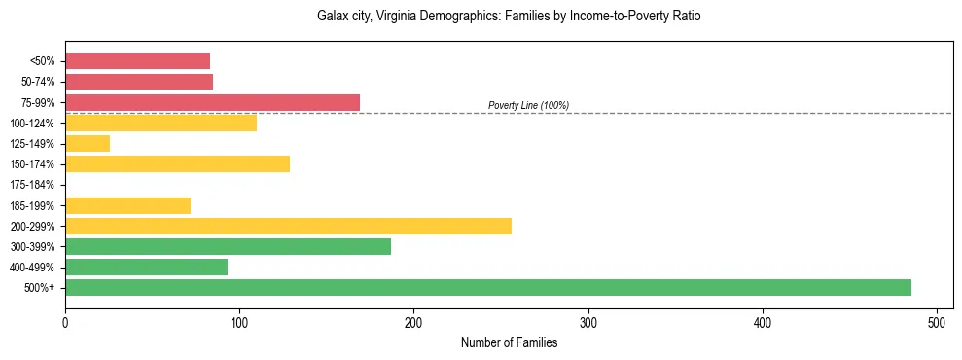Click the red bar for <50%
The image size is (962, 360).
pos(137,61)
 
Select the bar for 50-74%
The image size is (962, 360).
pos(139,82)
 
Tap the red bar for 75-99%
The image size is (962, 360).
pos(212,102)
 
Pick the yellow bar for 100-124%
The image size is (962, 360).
pos(160,123)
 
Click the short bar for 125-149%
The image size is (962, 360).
pos(88,144)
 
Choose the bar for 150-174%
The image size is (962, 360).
pos(177,164)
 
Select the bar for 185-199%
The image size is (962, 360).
pos(127,205)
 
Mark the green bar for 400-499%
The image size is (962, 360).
pos(146,268)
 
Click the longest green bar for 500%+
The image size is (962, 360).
pos(487,288)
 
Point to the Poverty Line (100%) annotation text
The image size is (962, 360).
pos(528,105)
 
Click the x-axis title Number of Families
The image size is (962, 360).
pos(509,342)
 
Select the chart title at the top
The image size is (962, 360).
pos(509,17)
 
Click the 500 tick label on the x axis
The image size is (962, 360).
pos(937,322)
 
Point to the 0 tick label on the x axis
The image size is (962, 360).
pos(65,322)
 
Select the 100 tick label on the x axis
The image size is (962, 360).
pos(239,322)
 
